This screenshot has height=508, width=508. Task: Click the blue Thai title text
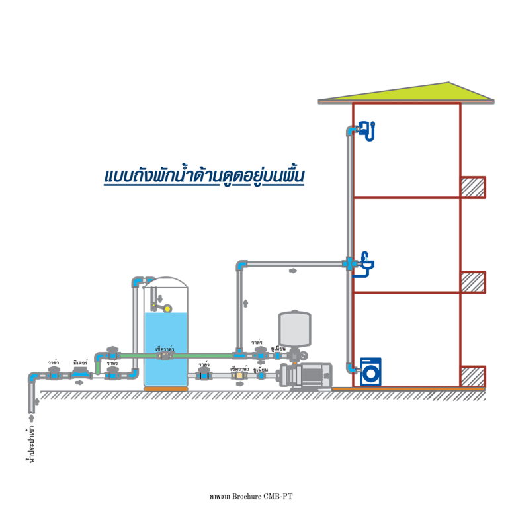(204, 177)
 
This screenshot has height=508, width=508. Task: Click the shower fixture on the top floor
(367, 130)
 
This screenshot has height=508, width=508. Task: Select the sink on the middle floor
(364, 266)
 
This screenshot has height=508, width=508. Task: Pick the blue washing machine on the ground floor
(370, 371)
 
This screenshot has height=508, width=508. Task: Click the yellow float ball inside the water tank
(167, 308)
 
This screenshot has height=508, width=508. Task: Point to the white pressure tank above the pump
(295, 328)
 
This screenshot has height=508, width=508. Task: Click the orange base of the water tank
(166, 388)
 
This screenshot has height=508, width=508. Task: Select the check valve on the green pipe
(164, 355)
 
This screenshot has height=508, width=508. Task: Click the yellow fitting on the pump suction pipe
(238, 375)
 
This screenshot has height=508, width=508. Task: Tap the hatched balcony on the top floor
(473, 187)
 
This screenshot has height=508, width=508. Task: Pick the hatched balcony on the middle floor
(473, 282)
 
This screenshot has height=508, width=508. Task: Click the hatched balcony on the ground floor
(473, 376)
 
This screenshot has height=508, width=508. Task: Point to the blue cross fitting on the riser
(349, 263)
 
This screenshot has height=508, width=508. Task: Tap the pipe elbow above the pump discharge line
(241, 265)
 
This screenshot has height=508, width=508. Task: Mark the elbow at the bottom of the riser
(351, 368)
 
